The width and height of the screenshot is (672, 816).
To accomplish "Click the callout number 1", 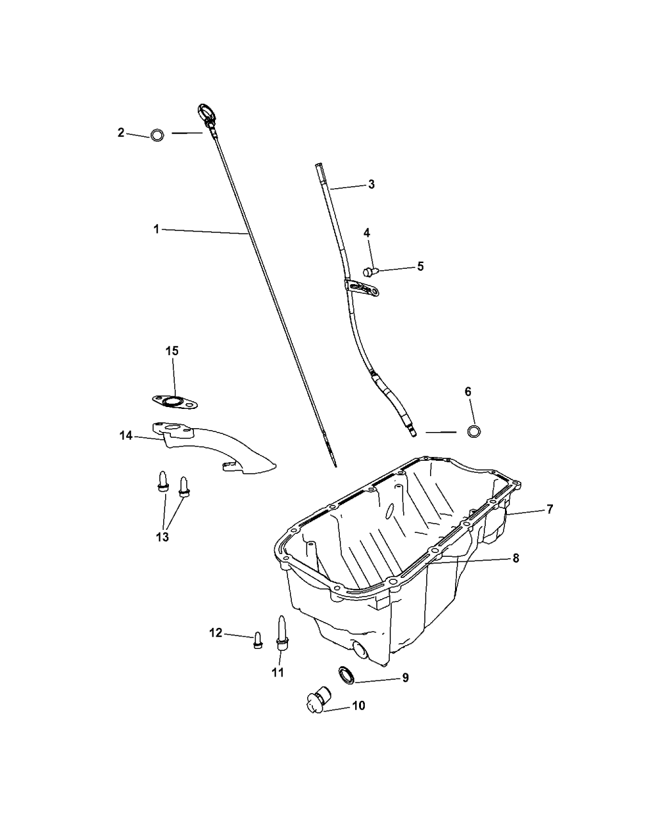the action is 156,229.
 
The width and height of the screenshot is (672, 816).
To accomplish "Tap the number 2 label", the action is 121,132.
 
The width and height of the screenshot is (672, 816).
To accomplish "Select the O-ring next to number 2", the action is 157,135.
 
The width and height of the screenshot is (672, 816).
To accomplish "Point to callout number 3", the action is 371,184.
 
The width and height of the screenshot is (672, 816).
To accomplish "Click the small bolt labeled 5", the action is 369,271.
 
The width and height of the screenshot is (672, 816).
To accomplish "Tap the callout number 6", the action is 468,391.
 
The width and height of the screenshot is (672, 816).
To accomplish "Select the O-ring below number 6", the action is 474,431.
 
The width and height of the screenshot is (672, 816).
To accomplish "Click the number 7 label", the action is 550,509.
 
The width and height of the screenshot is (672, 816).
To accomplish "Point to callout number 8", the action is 516,558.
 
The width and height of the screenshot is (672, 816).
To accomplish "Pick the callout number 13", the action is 162,537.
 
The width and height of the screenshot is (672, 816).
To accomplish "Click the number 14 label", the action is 126,435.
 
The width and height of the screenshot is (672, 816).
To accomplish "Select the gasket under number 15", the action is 175,403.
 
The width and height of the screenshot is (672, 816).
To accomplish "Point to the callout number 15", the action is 172,351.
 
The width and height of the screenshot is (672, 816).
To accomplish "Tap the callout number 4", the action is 366,232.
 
